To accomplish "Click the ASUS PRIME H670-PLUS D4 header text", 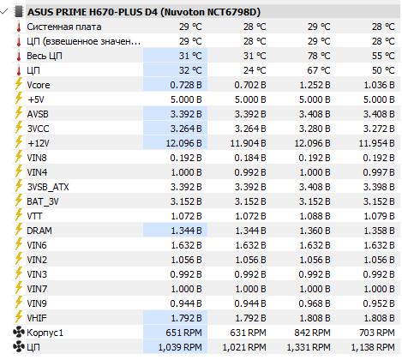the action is point(144,12).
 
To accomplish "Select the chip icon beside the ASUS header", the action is point(18,12).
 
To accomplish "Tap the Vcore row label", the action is point(39,85).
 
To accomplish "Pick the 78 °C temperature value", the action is point(319,56).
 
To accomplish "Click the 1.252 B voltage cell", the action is point(315,85).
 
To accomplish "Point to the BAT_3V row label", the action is point(43,201).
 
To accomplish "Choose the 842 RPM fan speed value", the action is point(312,333).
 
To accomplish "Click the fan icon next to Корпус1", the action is point(19,333).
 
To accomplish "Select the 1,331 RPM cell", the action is point(309,347).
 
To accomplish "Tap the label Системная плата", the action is point(64,27).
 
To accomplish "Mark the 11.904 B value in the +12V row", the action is point(248,143).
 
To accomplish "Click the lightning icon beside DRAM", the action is point(19,230).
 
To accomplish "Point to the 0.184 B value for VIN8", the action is point(250,158).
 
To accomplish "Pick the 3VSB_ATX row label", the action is point(48,187).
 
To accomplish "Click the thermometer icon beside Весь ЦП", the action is point(19,56).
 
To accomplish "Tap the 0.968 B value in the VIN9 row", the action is point(315,303).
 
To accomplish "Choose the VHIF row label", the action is point(37,318).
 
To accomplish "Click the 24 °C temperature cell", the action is point(255,70).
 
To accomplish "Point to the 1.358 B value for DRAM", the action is point(379,231).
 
